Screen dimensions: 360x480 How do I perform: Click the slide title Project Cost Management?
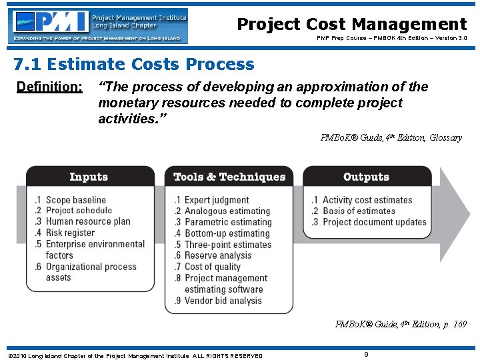point(352,24)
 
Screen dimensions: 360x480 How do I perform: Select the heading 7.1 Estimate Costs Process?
point(134,65)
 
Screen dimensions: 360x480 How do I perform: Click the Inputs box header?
point(89,177)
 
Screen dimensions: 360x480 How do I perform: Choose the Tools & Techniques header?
point(229,177)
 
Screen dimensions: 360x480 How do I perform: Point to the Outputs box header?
point(366,177)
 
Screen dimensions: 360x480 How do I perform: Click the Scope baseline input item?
point(75,200)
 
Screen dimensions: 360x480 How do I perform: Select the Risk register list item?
point(70,233)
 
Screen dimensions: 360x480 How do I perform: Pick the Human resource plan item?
point(87,221)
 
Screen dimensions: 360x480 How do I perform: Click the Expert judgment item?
point(217,200)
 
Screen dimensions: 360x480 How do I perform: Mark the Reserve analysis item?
point(218,255)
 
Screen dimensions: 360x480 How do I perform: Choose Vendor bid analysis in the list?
point(223,301)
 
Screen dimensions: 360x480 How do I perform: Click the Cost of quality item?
point(213,267)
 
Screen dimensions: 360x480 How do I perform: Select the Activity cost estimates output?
point(367,200)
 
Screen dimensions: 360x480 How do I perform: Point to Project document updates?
point(374,222)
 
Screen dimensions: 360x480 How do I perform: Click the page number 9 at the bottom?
point(366,354)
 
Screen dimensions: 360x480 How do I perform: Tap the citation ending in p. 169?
point(401,325)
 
